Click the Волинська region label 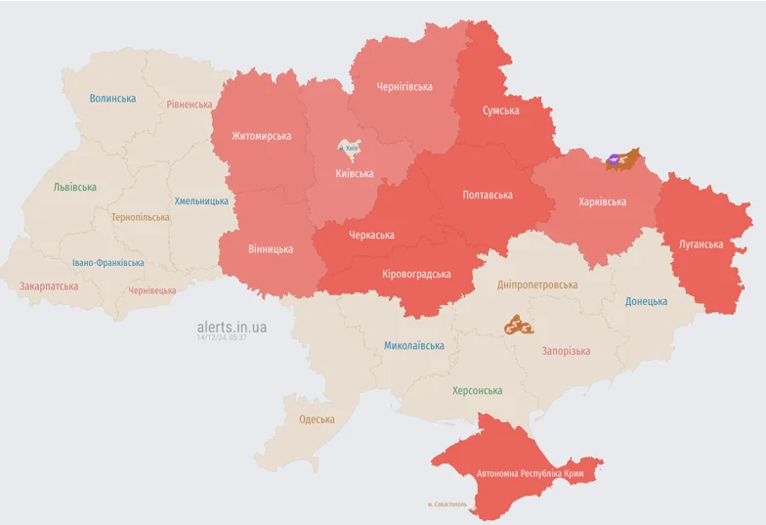tap(112, 98)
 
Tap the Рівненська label tap(189, 105)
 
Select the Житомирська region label tap(261, 136)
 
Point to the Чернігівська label tap(404, 87)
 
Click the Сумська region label tap(500, 110)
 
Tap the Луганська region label tap(701, 243)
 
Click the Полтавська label tap(487, 195)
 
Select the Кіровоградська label tap(416, 274)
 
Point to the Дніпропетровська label tap(536, 284)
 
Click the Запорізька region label tap(566, 351)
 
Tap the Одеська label tap(317, 419)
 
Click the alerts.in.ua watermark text tap(232, 327)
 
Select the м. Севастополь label tap(447, 504)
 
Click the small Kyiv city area tap(349, 148)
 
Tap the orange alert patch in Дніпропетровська tap(516, 325)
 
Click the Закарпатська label tap(49, 286)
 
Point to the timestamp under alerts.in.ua tap(222, 337)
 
